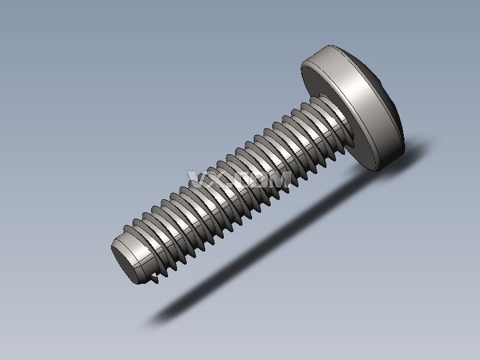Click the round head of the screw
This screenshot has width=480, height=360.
coord(354,105)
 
